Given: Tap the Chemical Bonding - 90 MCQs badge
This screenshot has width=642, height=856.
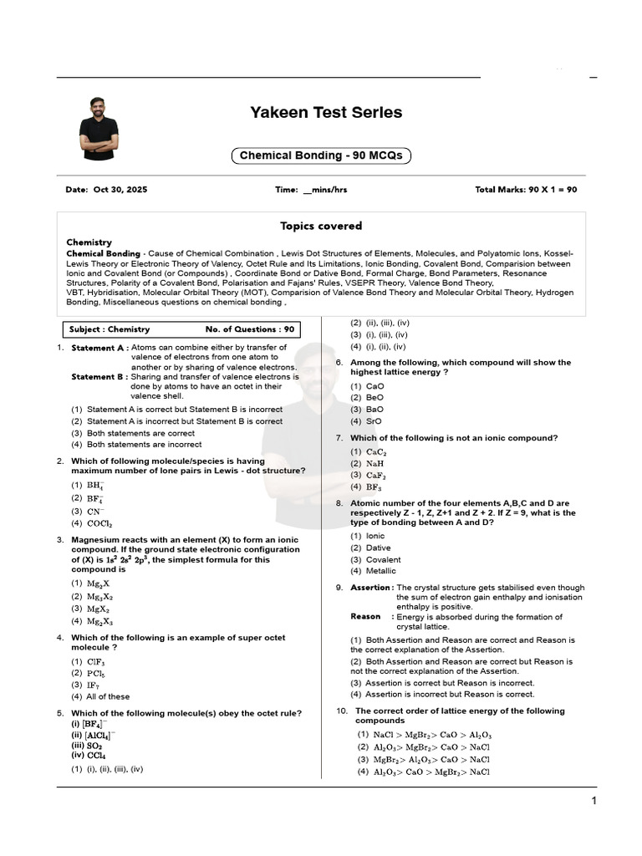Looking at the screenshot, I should click(x=321, y=155).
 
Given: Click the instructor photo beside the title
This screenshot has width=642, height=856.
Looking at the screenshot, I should click(x=99, y=128).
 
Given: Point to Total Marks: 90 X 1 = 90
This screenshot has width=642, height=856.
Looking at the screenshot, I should click(x=526, y=190).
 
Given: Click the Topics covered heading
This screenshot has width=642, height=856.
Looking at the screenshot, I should click(x=321, y=226).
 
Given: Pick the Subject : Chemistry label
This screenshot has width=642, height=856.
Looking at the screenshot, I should click(x=110, y=329).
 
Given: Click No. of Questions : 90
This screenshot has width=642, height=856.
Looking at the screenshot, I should click(x=250, y=329).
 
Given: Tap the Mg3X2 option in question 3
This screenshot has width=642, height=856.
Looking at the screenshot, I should click(x=99, y=597).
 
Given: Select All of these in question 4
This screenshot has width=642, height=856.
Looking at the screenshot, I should click(x=108, y=696).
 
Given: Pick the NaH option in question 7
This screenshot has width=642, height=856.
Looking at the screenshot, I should click(x=375, y=463).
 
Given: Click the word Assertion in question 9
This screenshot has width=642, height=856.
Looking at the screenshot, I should click(x=370, y=588).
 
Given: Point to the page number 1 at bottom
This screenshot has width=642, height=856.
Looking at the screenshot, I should click(x=594, y=802).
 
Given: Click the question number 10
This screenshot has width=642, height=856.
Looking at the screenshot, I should click(x=341, y=711).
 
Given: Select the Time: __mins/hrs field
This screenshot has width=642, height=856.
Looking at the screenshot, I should click(x=311, y=190).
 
